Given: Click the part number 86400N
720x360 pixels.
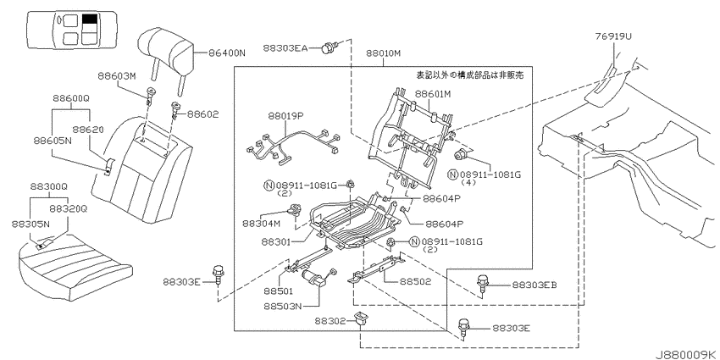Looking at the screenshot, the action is click(227, 53).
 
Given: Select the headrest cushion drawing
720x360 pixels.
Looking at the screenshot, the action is click(166, 48).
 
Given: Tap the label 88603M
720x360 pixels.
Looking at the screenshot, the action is click(117, 76).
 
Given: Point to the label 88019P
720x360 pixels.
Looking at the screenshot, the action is click(286, 116).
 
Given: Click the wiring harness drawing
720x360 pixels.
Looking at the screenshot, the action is click(294, 145).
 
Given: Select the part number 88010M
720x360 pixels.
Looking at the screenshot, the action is click(384, 53).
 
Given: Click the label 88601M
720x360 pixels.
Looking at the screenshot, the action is click(433, 94).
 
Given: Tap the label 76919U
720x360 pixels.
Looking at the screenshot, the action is click(612, 36).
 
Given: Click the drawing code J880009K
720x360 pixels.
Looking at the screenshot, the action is click(686, 354).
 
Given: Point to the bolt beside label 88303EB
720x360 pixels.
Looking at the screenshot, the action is click(483, 284).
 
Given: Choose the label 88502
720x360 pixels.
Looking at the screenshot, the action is click(415, 281).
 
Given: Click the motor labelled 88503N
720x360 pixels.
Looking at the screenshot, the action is click(315, 278).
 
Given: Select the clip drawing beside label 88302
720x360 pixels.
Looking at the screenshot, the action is click(361, 318).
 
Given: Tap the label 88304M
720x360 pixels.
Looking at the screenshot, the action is click(261, 223).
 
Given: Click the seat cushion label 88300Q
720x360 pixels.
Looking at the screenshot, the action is click(49, 187).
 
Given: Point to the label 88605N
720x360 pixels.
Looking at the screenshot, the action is click(53, 140).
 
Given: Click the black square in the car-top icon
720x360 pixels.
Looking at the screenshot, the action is click(90, 19).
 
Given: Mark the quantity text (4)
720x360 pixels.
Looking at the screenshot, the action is click(468, 182).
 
